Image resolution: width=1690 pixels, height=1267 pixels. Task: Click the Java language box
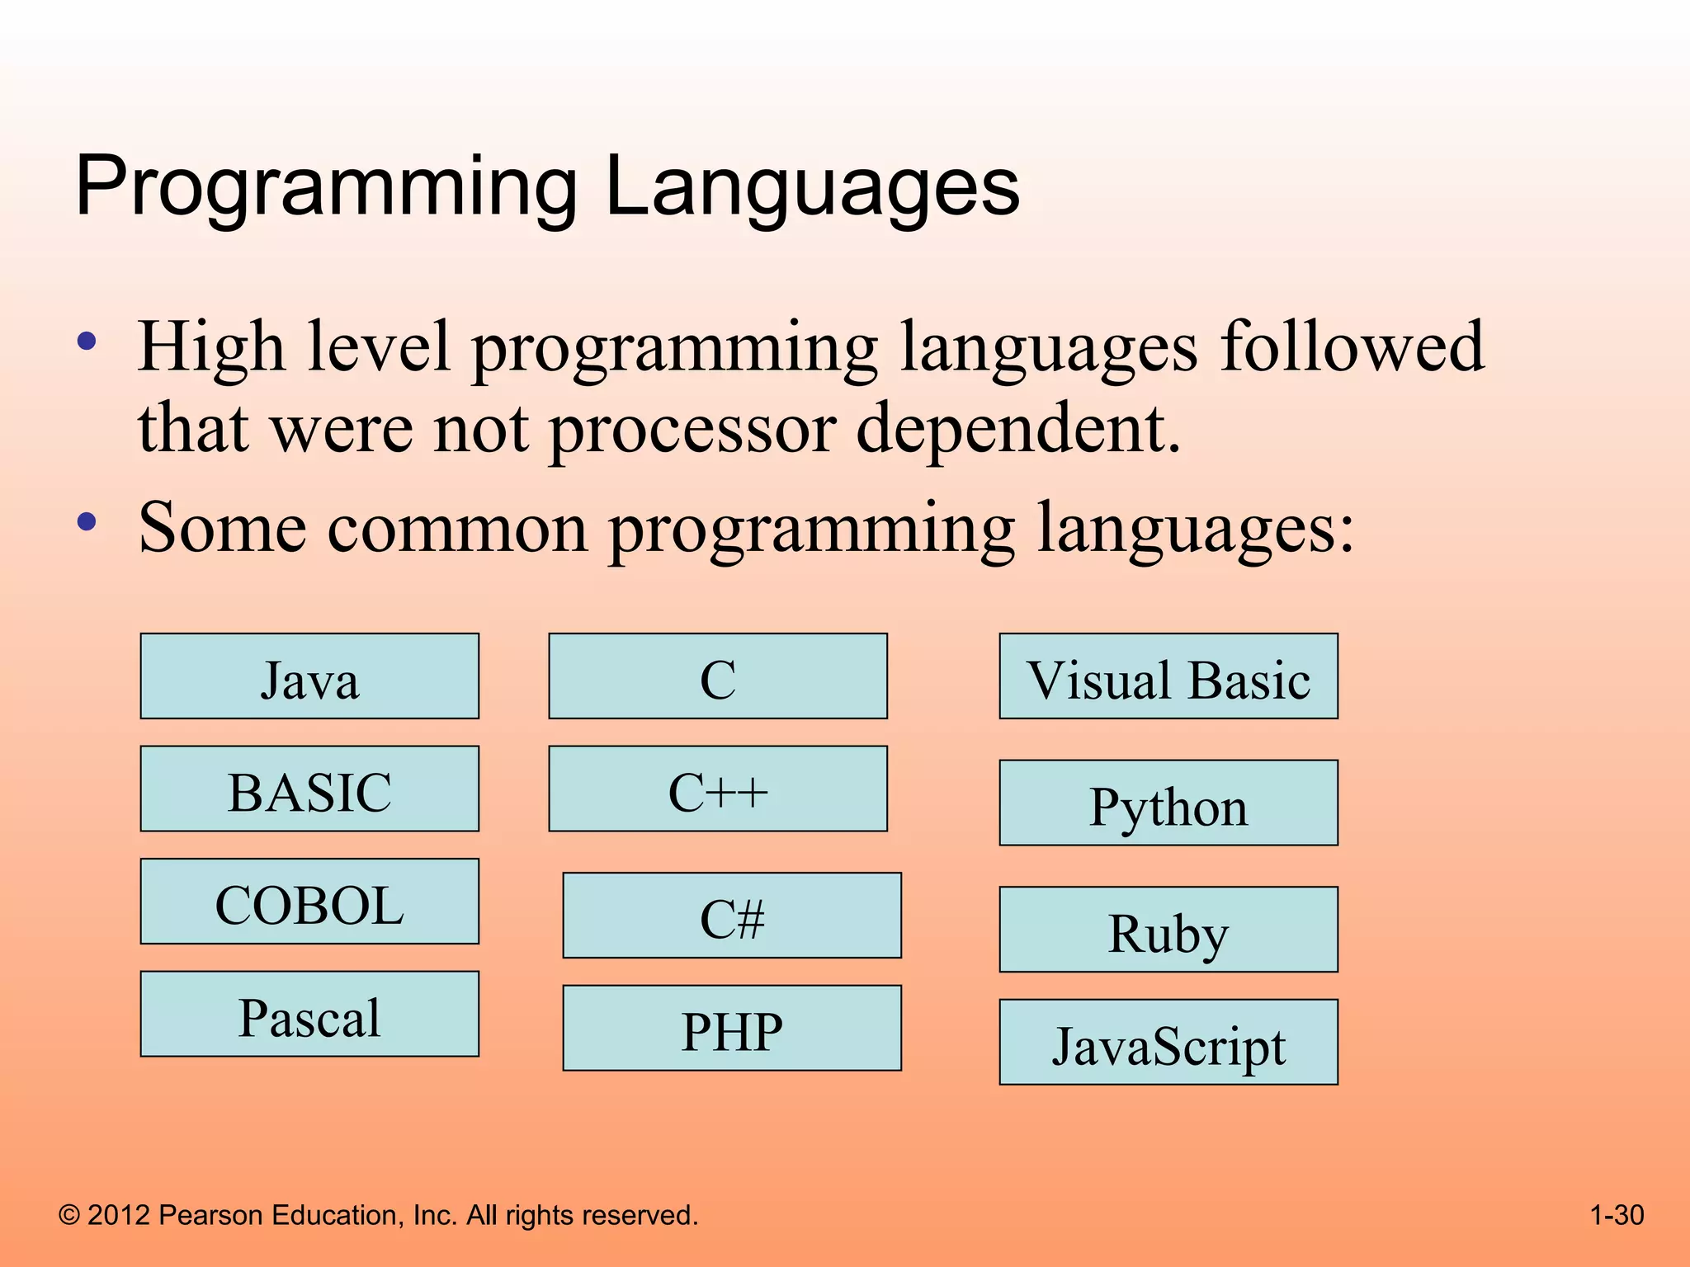[309, 676]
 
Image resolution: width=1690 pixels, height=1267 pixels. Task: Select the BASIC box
[309, 789]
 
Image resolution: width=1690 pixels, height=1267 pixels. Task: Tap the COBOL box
[309, 902]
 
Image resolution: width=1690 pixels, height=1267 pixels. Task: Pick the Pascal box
[309, 1014]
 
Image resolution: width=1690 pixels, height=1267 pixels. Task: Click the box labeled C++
[718, 789]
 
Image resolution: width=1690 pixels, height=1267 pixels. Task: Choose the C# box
[732, 916]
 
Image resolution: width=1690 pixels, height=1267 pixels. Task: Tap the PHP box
[732, 1028]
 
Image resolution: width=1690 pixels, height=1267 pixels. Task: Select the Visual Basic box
[1168, 676]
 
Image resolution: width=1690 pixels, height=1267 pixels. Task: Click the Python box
[1168, 803]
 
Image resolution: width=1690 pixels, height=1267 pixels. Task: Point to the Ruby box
[1168, 930]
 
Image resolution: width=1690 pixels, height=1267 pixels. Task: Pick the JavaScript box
[1168, 1042]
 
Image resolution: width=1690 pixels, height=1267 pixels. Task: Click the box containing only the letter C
[718, 676]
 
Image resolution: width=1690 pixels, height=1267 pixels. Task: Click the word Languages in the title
[812, 188]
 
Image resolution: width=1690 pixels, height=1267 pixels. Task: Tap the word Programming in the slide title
[326, 188]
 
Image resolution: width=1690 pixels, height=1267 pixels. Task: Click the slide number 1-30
[1617, 1215]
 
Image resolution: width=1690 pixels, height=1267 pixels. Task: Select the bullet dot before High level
[87, 341]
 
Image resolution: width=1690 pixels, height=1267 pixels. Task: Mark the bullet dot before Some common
[87, 521]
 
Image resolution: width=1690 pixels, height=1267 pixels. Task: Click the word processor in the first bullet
[692, 429]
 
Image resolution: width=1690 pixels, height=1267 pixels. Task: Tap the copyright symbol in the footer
[70, 1215]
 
